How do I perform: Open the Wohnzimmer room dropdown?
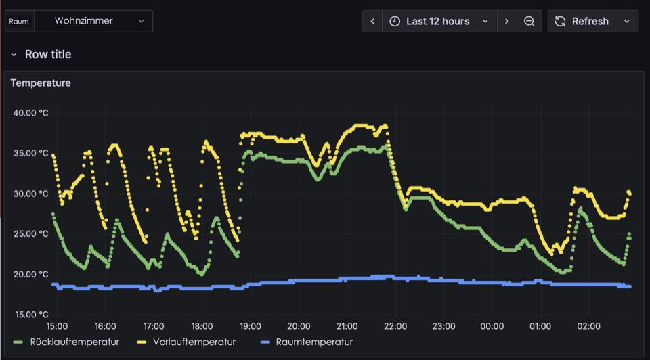[x=93, y=21]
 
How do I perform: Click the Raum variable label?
[x=19, y=21]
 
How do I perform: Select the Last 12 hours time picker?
[x=439, y=21]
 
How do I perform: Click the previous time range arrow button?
[x=372, y=21]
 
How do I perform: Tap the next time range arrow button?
[x=507, y=21]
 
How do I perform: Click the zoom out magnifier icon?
[x=529, y=21]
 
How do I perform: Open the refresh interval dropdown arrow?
[x=627, y=21]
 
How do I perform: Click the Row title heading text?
[x=47, y=54]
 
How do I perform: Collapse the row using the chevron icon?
[x=14, y=54]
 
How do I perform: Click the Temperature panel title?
[x=41, y=83]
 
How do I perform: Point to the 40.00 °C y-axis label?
[x=30, y=112]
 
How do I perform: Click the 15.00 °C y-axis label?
[x=30, y=315]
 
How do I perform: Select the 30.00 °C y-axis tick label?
[x=30, y=194]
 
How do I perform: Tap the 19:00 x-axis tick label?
[x=251, y=326]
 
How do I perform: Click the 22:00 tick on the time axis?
[x=395, y=326]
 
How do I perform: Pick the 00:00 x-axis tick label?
[x=492, y=326]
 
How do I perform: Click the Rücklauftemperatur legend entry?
[x=74, y=342]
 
